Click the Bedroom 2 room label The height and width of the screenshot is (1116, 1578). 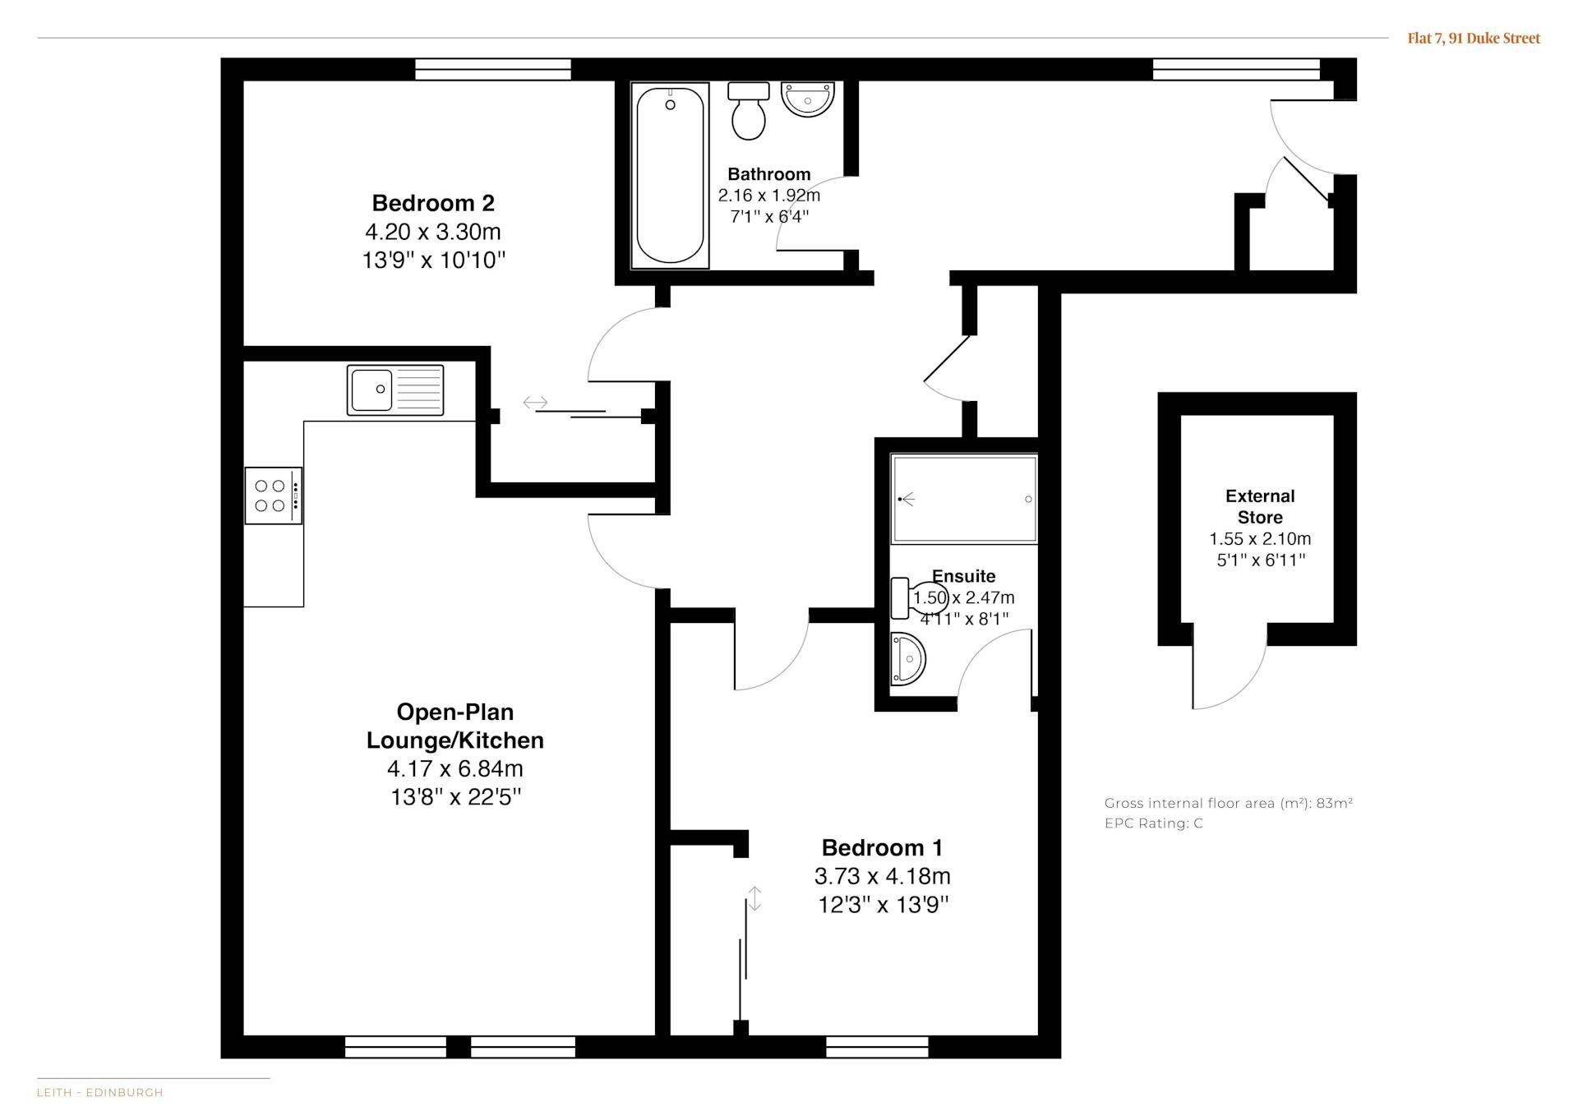433,203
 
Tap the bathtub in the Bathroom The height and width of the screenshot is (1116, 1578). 670,175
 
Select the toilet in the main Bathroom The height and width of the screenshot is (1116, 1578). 748,111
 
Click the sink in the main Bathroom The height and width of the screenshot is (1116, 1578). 808,99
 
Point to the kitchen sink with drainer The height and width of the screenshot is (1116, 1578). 395,390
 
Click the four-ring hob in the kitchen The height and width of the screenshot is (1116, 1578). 274,496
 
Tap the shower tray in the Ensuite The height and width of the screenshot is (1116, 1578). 964,499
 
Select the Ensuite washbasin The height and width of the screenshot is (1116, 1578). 908,658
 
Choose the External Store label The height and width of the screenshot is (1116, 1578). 1260,507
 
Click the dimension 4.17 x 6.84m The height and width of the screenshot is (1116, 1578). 455,768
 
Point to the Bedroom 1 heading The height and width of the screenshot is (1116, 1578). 883,847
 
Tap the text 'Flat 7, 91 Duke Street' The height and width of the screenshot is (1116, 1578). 1474,38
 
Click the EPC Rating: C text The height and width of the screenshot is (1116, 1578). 1154,823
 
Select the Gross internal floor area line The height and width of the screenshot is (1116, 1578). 1229,804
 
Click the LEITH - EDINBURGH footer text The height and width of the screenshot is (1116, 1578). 100,1093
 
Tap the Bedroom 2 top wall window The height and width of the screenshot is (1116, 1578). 493,69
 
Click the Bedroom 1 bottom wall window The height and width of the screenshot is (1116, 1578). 877,1047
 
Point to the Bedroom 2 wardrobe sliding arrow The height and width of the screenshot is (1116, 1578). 536,403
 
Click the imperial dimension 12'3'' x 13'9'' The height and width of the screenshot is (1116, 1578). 884,905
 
